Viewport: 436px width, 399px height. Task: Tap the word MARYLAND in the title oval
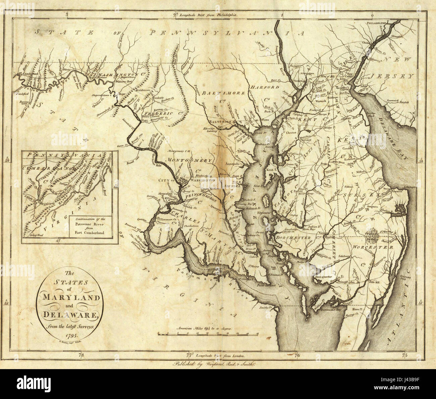(70, 298)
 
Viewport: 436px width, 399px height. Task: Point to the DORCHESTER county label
(293, 238)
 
